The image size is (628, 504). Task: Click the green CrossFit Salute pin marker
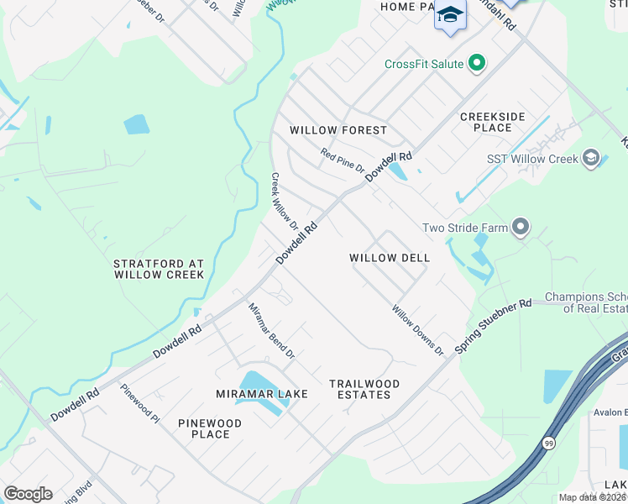tap(477, 64)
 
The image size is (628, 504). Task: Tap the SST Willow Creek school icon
tap(591, 159)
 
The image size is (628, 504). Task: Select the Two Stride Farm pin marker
tap(521, 228)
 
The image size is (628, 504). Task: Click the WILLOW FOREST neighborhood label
tap(338, 130)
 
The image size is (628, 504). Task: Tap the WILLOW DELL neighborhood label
tap(390, 258)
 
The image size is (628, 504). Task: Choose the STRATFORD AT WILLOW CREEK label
tap(159, 270)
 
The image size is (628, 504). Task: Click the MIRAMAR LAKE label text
tap(263, 394)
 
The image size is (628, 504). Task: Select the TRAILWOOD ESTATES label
tap(364, 389)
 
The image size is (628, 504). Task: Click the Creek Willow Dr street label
tap(284, 202)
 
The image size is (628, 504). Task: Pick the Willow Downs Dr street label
tap(417, 329)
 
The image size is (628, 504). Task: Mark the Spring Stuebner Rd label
tap(494, 325)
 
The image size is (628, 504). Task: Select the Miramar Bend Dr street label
tap(271, 331)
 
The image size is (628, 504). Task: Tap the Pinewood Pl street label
tap(139, 404)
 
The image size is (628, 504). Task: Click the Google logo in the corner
tap(28, 494)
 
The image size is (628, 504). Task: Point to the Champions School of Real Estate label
tap(586, 302)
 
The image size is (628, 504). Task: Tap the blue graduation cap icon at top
tap(450, 15)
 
